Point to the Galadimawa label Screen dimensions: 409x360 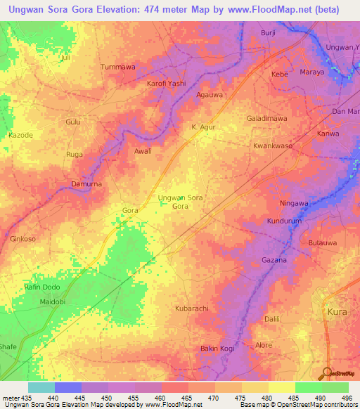click(266, 119)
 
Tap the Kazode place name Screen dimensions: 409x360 click(20, 134)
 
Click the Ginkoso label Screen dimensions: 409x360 click(22, 239)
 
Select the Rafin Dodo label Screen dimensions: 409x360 click(40, 288)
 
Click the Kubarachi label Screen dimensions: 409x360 click(191, 309)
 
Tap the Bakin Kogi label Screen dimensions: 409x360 click(217, 349)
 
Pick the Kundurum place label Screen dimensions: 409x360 click(284, 221)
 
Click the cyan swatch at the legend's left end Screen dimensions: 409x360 click(41, 387)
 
